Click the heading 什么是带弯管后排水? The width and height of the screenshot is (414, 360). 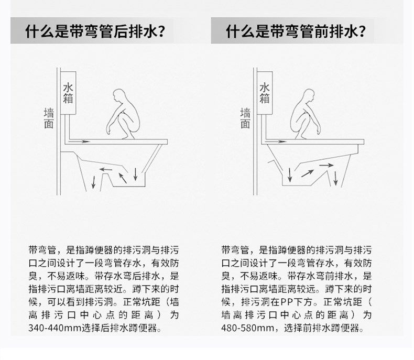[x=95, y=31]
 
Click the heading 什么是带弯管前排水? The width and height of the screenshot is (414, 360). [x=296, y=31]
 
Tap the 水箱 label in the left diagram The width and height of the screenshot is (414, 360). [x=68, y=93]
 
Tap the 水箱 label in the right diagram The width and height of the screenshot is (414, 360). [x=264, y=93]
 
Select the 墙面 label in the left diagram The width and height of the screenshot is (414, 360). [x=49, y=118]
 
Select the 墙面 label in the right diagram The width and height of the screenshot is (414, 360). [x=245, y=118]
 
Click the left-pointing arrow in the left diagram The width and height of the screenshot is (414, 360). [x=106, y=169]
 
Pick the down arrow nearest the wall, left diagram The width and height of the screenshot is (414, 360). [x=93, y=182]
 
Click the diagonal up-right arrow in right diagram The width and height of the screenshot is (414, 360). [x=307, y=173]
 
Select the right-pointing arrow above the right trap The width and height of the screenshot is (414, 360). [x=326, y=165]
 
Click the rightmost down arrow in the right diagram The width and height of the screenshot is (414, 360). [x=335, y=178]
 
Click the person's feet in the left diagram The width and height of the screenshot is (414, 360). [x=128, y=137]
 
